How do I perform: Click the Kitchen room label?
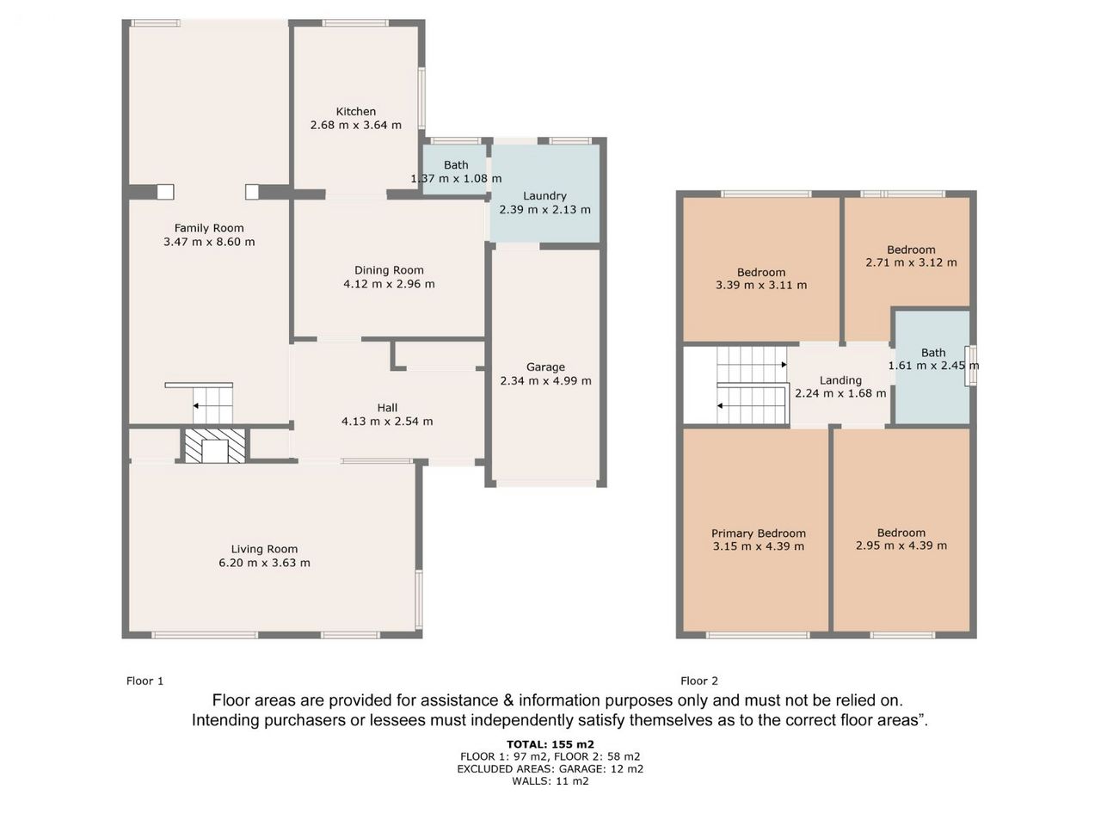point(355,111)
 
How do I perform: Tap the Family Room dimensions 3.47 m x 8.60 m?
point(209,242)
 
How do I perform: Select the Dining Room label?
point(389,270)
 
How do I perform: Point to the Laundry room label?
point(544,196)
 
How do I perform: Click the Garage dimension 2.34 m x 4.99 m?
point(545,380)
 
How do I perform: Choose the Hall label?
point(387,408)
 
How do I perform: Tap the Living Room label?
point(264,549)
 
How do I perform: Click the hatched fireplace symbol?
point(215,446)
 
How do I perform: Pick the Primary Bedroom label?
point(759,533)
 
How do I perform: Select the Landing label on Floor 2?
point(840,380)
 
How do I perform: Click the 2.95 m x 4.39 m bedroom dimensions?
point(901,546)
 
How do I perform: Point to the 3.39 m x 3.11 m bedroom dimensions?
point(761,286)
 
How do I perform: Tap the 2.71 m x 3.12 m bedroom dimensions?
point(912,262)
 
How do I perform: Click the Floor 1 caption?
point(145,681)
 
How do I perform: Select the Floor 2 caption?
point(699,681)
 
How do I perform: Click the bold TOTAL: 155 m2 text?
point(550,744)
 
